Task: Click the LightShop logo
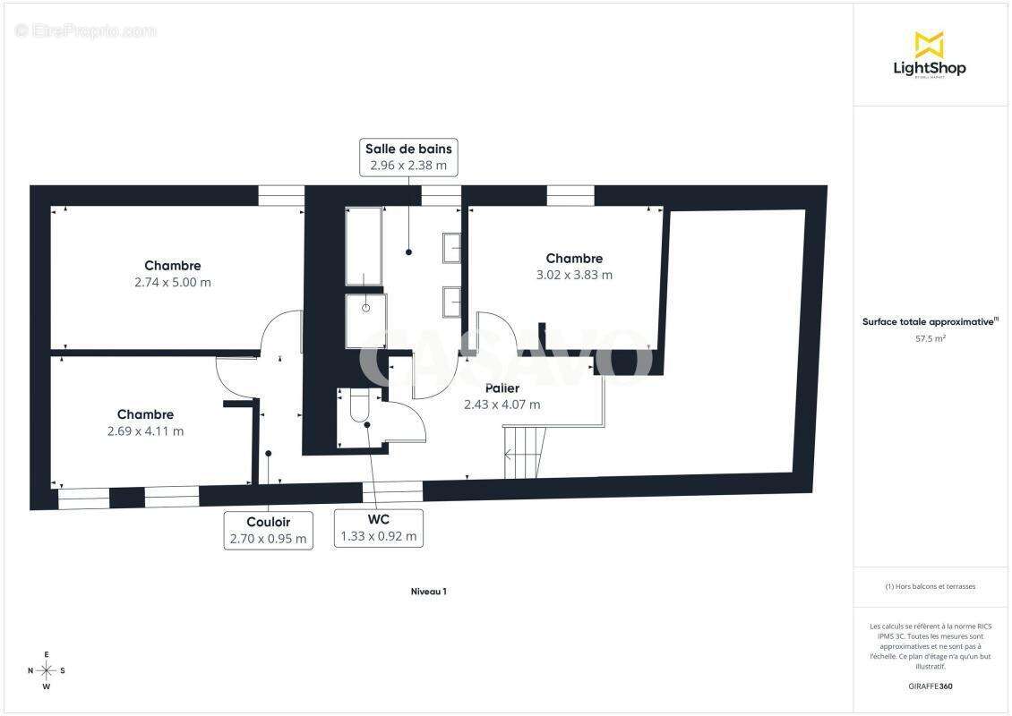(x=930, y=55)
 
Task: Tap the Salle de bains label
(x=408, y=149)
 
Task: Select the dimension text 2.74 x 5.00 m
(x=173, y=282)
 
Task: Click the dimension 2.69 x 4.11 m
(x=145, y=430)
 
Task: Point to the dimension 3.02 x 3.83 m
(x=574, y=275)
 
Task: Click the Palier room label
(x=502, y=388)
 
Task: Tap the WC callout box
(x=378, y=528)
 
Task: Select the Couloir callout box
(x=269, y=530)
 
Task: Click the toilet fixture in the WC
(x=358, y=405)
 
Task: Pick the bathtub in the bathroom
(x=364, y=246)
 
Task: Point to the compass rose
(x=47, y=671)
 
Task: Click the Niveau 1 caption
(x=429, y=592)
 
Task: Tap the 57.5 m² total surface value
(x=930, y=338)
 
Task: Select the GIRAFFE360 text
(x=930, y=686)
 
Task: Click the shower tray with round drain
(x=366, y=320)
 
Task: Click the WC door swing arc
(x=406, y=419)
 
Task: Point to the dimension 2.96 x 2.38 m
(x=408, y=166)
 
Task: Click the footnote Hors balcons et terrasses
(x=930, y=586)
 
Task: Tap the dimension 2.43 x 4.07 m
(x=502, y=405)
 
